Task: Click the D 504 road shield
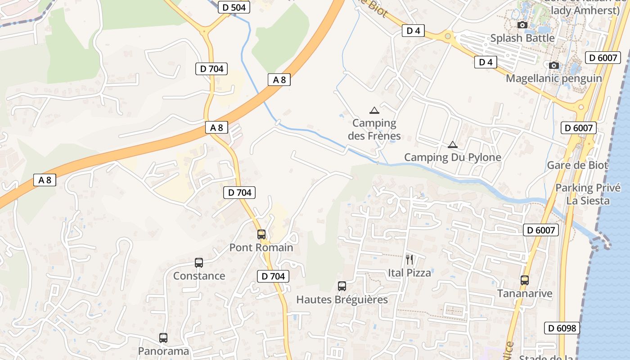point(234,7)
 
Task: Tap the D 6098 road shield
point(562,328)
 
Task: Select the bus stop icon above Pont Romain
point(261,234)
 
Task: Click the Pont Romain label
point(261,247)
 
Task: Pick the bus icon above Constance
point(199,263)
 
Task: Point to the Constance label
point(199,276)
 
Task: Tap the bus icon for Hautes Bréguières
point(342,286)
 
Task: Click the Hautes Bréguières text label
point(342,300)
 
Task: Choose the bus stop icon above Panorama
point(163,338)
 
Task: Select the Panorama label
point(163,351)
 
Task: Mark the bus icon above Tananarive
point(524,280)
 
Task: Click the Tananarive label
point(524,294)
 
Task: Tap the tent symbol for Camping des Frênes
point(374,110)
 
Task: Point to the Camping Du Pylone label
point(452,157)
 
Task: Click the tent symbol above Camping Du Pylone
point(452,145)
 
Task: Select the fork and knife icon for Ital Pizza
point(409,259)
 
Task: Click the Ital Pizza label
point(409,273)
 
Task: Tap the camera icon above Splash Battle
point(522,25)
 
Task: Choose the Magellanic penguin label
point(554,78)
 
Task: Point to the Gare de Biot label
point(577,165)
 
